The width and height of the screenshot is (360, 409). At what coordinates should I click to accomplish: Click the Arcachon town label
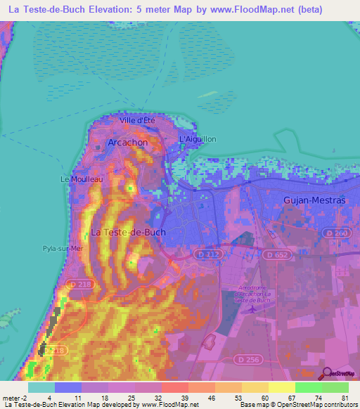127,142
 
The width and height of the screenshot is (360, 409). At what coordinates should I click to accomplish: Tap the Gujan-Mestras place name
314,200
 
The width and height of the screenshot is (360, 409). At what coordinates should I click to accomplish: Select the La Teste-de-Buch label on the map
129,232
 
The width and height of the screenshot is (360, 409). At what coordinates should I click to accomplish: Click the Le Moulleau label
82,179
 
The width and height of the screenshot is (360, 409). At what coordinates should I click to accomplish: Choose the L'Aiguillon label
198,139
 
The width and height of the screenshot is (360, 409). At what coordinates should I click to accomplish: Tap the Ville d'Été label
137,120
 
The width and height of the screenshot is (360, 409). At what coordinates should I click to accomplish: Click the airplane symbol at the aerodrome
251,307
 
